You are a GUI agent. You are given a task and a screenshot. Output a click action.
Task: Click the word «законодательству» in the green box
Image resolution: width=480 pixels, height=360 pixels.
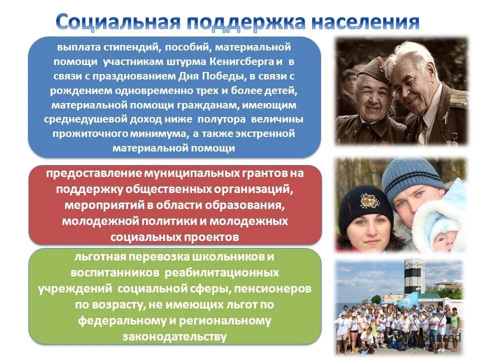pyautogui.click(x=174, y=336)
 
